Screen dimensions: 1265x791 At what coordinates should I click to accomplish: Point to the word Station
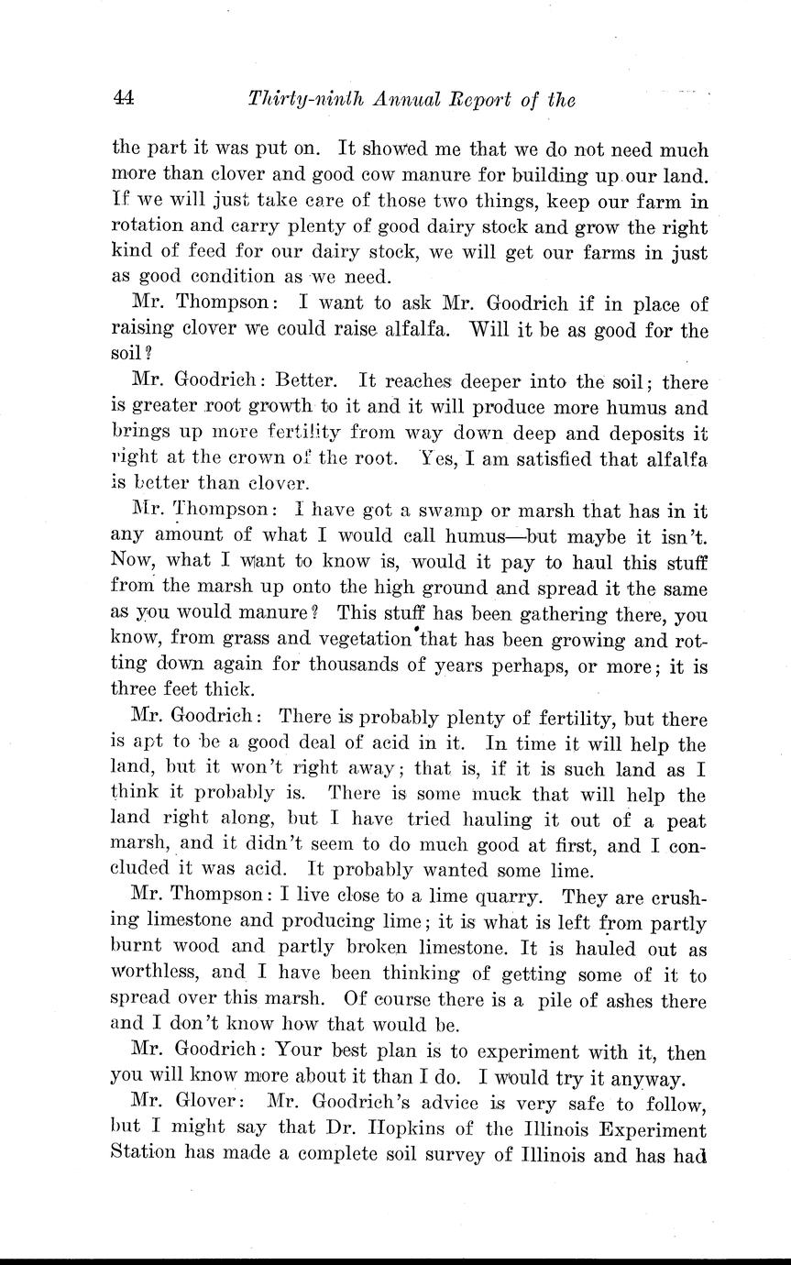click(148, 1155)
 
